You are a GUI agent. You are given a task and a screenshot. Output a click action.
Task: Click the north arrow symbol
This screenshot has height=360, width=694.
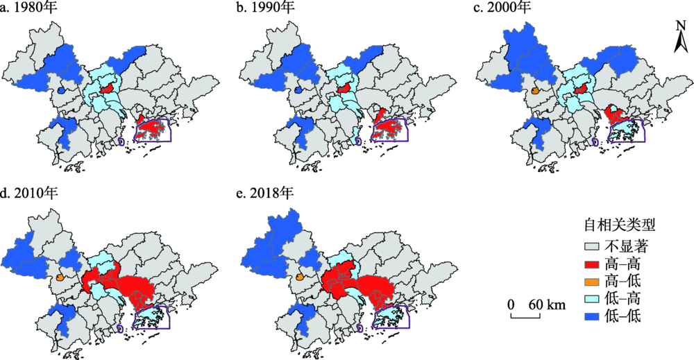point(681,41)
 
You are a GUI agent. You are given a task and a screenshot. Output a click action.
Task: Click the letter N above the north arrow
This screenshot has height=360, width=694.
point(681,25)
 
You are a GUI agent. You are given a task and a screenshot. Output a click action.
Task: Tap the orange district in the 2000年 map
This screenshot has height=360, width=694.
point(535,90)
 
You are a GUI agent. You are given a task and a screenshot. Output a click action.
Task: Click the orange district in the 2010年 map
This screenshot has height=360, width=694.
point(60,277)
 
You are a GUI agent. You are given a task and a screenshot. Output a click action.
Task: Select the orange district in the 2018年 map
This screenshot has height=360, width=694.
point(300,277)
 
